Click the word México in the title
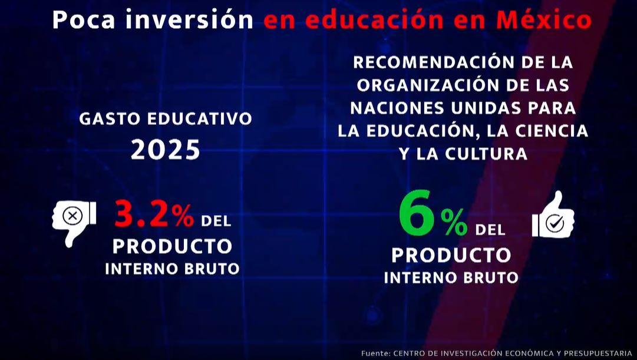544,19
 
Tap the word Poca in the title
84,19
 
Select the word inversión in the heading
189,19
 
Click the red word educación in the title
374,19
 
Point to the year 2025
166,149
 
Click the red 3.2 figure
141,214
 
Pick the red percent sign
182,216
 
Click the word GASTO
110,118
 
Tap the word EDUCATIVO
200,118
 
